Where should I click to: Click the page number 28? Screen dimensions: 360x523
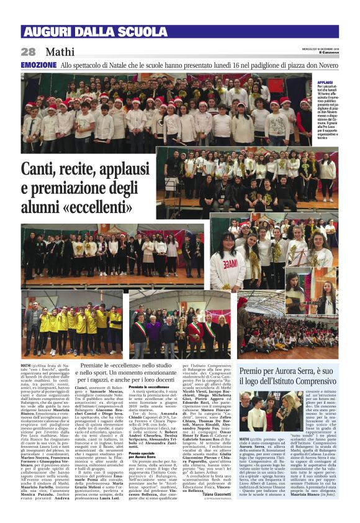pyautogui.click(x=29, y=52)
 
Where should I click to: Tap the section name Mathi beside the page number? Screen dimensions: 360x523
pyautogui.click(x=60, y=52)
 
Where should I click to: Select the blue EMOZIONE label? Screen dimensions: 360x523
pyautogui.click(x=38, y=65)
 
